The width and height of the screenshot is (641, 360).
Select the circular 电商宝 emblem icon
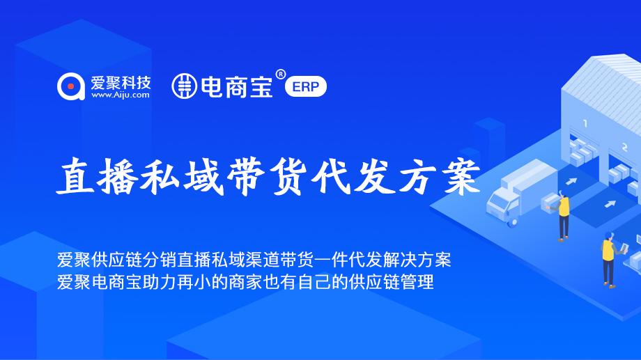(184, 86)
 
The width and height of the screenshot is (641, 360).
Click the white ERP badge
(306, 87)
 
